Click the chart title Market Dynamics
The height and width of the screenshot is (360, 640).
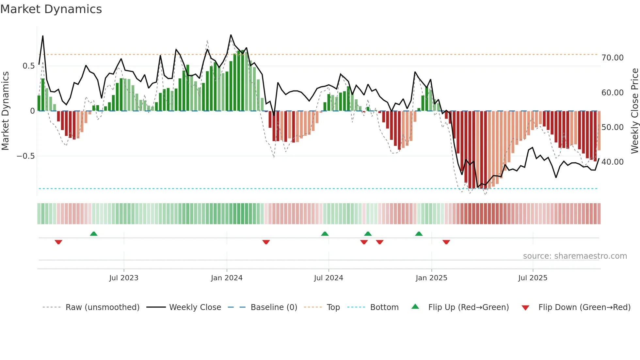[51, 9]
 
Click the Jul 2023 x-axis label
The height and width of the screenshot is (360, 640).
[124, 278]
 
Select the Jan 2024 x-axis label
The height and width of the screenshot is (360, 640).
[227, 278]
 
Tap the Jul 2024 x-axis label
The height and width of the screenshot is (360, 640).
[328, 278]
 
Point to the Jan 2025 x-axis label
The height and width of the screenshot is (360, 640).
[431, 278]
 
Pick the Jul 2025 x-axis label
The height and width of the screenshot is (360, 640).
[533, 278]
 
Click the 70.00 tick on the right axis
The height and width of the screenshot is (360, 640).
[612, 58]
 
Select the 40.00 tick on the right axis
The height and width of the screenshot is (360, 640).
[612, 162]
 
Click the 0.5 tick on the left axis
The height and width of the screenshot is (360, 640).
[28, 66]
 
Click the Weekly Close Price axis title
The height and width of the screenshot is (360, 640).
[634, 111]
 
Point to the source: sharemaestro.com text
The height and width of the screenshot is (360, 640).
[575, 256]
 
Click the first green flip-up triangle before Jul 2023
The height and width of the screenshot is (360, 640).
[94, 234]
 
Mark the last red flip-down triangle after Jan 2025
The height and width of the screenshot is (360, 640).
[446, 242]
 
